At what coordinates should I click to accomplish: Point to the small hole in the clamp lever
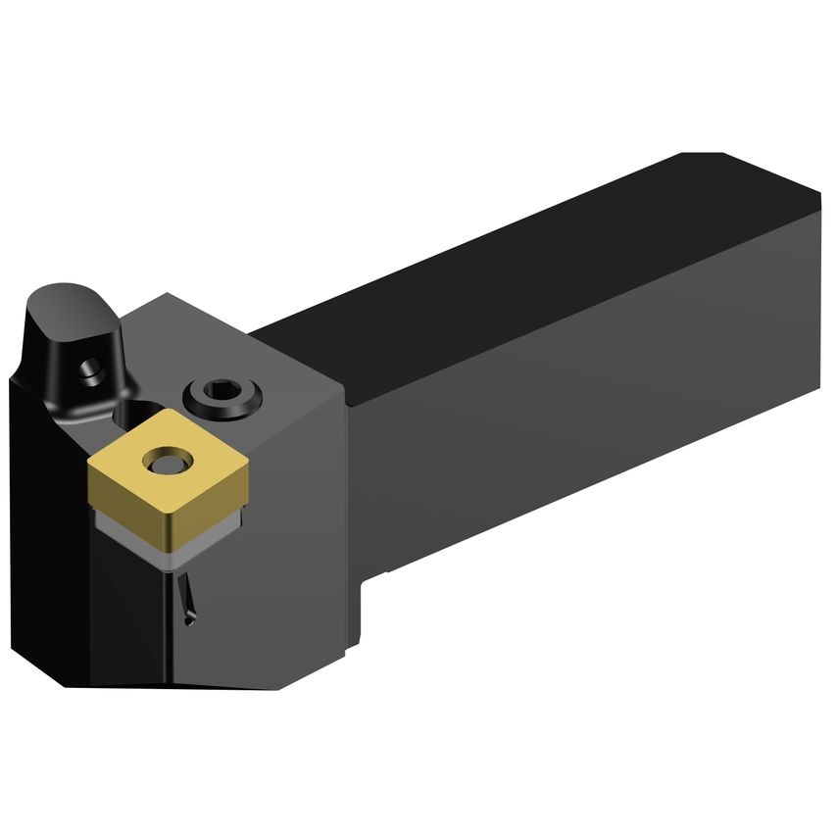pos(90,370)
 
